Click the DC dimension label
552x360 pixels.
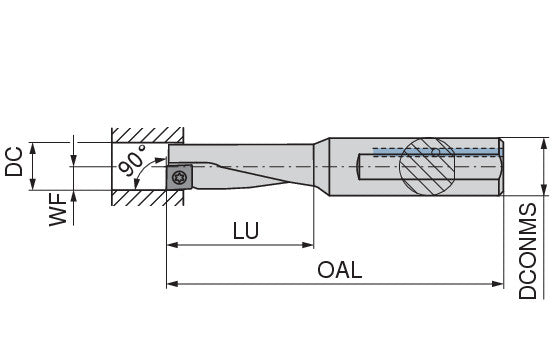[14, 162]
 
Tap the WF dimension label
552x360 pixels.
[58, 209]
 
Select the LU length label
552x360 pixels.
[246, 230]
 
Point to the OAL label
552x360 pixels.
[339, 270]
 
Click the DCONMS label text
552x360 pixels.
[528, 251]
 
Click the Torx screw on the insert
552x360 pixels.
[179, 177]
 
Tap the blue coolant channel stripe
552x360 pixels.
[438, 152]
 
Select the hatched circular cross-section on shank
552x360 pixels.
[427, 166]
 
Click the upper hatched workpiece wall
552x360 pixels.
[148, 135]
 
